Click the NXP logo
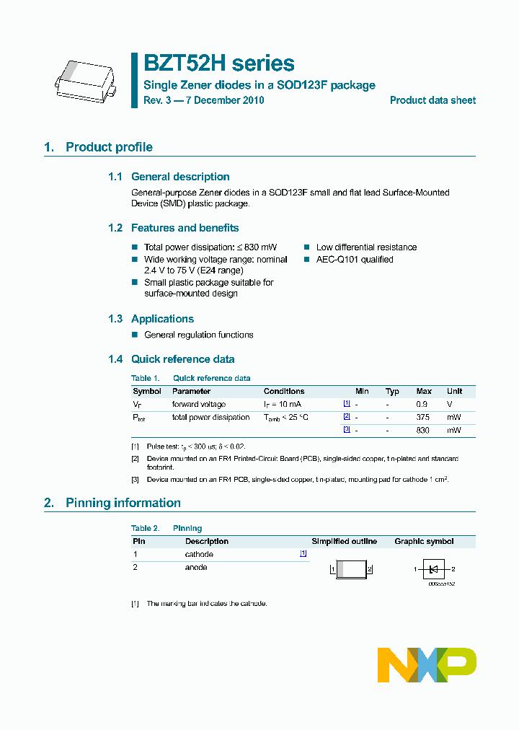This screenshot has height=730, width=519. coord(427,664)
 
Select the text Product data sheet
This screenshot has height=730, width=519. coord(432,100)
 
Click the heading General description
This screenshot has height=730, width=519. coord(180,177)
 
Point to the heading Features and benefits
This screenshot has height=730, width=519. coord(185,228)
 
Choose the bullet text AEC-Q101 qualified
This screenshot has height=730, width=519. coord(355,260)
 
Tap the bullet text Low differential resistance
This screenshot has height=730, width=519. coord(366,247)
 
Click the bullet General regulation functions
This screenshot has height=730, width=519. coord(199,335)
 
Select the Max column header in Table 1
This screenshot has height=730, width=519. coord(424,391)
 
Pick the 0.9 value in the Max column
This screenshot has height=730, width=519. coord(422,404)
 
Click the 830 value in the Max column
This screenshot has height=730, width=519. coord(422,430)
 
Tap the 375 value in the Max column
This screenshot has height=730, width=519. coord(422,417)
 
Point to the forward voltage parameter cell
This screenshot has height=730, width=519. coord(199,404)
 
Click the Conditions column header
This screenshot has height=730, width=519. coord(283,391)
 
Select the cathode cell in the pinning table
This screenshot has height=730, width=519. coord(199,554)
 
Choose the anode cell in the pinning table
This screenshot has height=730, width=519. coord(196,567)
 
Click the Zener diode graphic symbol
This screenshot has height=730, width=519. coord(433,569)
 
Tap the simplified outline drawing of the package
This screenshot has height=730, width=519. coord(352,569)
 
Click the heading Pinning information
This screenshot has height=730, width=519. coord(123,503)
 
